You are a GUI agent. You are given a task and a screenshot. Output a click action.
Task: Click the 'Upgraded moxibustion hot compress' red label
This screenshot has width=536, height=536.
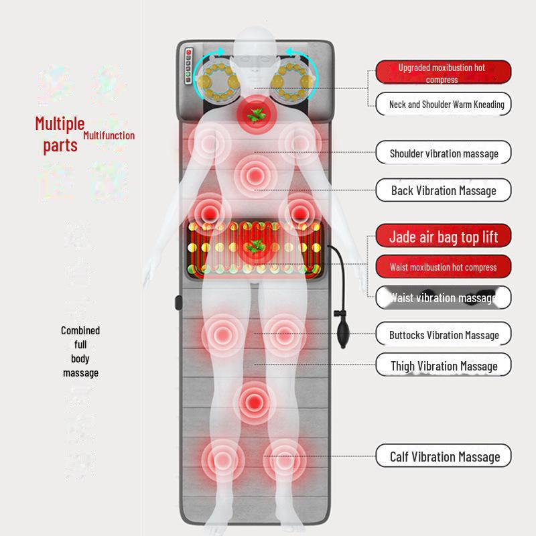[x=443, y=72]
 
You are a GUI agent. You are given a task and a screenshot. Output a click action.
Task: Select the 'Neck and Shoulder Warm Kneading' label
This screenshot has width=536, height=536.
[x=443, y=105]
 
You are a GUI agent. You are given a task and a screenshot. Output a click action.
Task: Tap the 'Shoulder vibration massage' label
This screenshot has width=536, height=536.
[x=443, y=153]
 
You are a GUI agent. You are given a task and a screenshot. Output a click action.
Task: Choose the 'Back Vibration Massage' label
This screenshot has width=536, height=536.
[x=443, y=190]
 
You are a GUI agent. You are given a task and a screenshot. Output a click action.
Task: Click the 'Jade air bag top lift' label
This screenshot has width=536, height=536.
[x=443, y=237]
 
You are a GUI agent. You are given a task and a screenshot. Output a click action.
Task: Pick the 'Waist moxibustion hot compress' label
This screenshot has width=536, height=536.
[x=443, y=267]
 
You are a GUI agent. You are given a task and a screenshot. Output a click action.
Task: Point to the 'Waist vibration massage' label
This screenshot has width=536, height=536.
[x=443, y=297]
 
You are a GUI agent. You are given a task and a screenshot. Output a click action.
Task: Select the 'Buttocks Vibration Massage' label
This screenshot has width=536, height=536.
[x=443, y=334]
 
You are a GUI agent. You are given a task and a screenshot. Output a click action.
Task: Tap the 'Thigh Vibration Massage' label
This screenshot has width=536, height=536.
[x=443, y=366]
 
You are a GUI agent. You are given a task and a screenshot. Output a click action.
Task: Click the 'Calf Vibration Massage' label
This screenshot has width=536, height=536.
[x=443, y=457]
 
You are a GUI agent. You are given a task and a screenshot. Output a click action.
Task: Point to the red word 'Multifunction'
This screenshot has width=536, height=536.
[x=109, y=135]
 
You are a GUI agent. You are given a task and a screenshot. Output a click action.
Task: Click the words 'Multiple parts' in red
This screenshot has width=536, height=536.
[x=60, y=134]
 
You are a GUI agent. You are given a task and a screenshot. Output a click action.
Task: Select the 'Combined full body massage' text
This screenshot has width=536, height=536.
[x=80, y=352]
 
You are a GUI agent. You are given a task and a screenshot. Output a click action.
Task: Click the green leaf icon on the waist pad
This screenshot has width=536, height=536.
[x=254, y=247]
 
